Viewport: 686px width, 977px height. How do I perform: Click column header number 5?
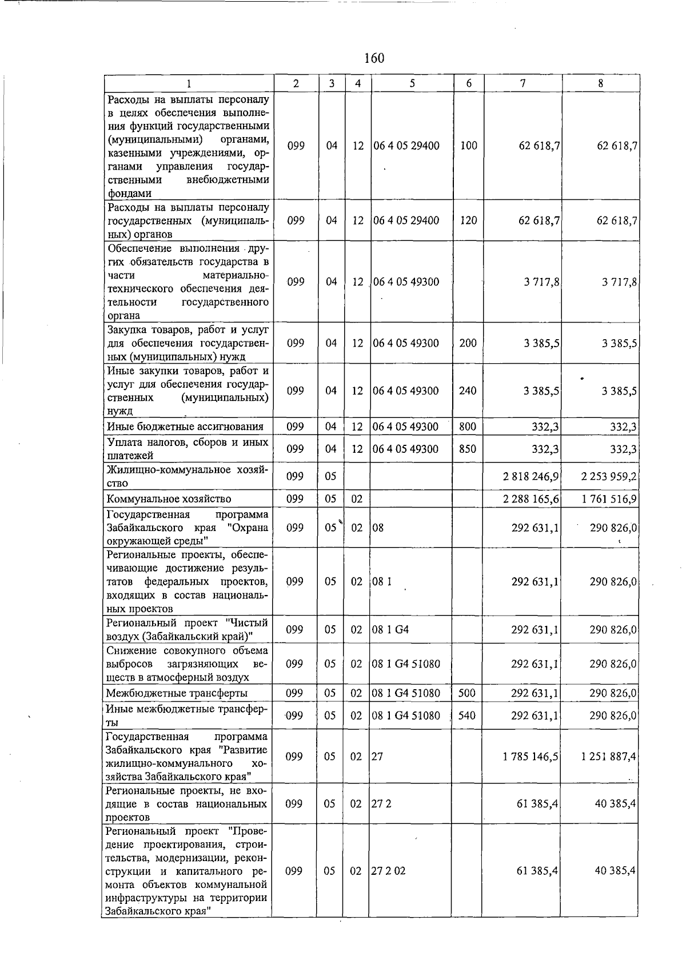point(412,83)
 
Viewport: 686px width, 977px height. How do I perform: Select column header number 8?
point(600,83)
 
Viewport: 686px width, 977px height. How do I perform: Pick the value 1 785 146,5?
point(531,757)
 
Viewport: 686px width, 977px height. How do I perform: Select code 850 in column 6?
point(467,449)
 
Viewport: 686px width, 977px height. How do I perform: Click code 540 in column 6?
point(466,715)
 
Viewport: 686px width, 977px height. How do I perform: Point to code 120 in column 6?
point(468,220)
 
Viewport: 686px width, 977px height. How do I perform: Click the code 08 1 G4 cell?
point(390,630)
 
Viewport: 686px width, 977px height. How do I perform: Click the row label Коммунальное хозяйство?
point(169,499)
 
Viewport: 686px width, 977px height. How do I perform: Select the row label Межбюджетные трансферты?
point(177,693)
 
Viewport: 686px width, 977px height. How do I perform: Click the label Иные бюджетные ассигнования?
point(185,427)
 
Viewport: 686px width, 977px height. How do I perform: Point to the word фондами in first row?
point(129,194)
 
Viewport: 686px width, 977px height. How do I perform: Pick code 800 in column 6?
point(467,427)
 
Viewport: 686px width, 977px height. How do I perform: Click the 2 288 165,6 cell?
point(531,500)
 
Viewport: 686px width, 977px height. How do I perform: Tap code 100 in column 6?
point(468,146)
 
